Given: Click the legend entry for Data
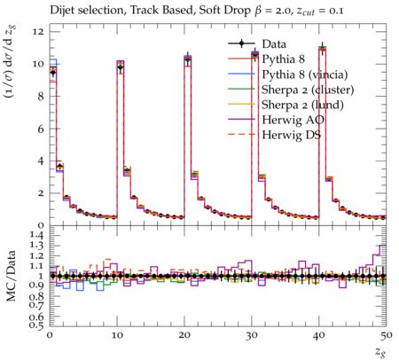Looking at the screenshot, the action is click(x=274, y=44).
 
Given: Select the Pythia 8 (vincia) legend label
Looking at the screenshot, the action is click(x=305, y=74).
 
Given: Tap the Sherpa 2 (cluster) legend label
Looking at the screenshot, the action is click(x=308, y=90).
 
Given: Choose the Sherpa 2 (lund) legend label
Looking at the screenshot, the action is click(x=302, y=105).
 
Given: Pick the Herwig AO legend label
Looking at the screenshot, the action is click(x=293, y=120).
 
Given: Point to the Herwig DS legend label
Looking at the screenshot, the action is click(x=291, y=135).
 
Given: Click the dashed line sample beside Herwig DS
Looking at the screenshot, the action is click(x=241, y=135).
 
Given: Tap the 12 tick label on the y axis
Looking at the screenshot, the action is click(x=38, y=31).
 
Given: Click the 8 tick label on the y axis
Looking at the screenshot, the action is click(x=41, y=96).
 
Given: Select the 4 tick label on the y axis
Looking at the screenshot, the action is click(x=41, y=160).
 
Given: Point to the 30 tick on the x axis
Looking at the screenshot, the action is click(x=252, y=335).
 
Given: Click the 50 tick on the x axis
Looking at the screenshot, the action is click(x=386, y=335).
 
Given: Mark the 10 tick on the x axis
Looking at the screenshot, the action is click(x=117, y=335).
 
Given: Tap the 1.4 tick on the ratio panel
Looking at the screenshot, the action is click(x=37, y=235).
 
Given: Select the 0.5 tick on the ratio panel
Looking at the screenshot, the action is click(x=37, y=325).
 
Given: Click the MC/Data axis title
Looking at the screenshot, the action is click(x=11, y=276).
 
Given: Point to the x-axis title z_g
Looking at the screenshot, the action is click(x=380, y=351).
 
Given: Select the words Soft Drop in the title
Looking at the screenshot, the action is click(x=224, y=11).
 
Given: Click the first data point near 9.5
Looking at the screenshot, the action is click(x=53, y=72).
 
